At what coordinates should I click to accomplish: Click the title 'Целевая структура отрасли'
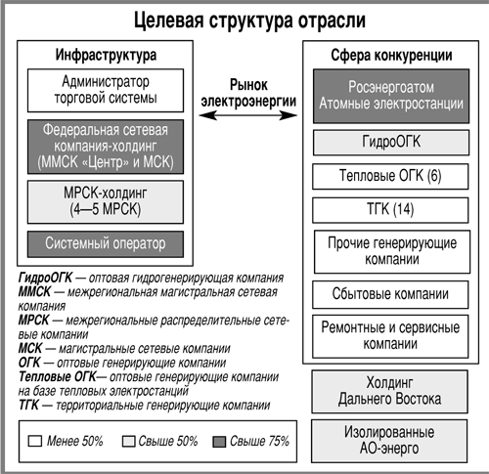(x=249, y=21)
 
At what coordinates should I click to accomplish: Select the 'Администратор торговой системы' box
(x=106, y=90)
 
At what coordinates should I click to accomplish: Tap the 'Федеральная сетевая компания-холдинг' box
(x=106, y=147)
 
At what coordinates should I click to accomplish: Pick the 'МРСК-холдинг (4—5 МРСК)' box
(x=106, y=202)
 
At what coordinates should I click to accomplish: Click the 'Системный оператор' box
(x=106, y=244)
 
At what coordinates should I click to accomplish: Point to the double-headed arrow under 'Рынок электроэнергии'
(x=248, y=115)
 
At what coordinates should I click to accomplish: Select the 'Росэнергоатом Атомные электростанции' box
(x=391, y=96)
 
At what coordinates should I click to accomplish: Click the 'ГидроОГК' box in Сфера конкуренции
(x=391, y=143)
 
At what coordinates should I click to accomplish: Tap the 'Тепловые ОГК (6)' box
(x=390, y=176)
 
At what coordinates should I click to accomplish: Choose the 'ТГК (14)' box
(x=390, y=210)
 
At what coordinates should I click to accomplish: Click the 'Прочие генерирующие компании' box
(x=392, y=252)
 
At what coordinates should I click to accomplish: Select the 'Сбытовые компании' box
(x=390, y=294)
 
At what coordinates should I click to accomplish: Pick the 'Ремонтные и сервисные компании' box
(x=390, y=336)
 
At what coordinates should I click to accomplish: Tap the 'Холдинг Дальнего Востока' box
(x=389, y=391)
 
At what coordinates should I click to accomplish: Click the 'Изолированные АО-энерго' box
(x=389, y=441)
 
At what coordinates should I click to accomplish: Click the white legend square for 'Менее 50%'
(x=35, y=441)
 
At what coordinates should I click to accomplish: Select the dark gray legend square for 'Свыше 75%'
(x=219, y=442)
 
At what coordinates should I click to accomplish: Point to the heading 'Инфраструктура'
(x=106, y=55)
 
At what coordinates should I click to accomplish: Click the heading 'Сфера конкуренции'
(x=391, y=56)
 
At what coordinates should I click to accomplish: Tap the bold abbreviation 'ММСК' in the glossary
(x=34, y=291)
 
